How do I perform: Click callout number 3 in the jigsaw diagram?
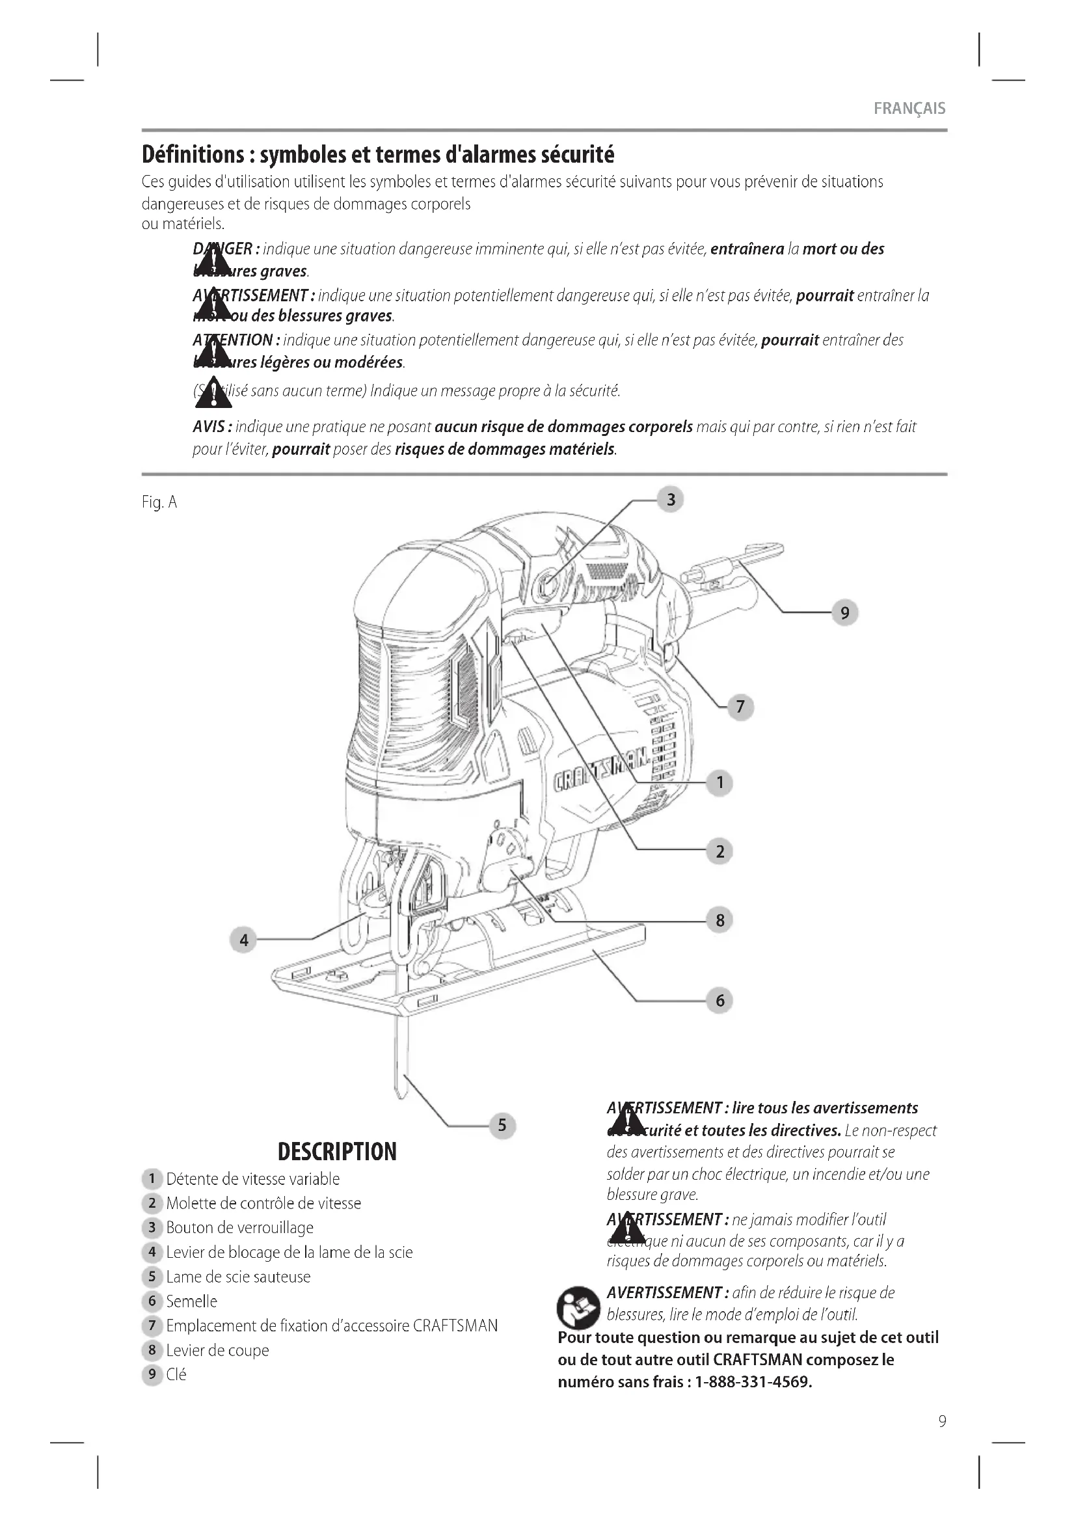tap(671, 499)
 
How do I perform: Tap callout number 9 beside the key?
tap(845, 612)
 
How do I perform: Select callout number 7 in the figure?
tap(741, 707)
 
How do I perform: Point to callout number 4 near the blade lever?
tap(244, 940)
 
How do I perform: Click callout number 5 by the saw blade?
tap(502, 1125)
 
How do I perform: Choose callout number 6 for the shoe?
tap(720, 1000)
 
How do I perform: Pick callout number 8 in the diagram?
tap(720, 920)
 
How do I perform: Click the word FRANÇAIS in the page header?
tap(909, 109)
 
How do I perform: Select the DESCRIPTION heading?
tap(337, 1152)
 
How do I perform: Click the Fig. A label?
tap(159, 502)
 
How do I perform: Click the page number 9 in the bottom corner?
tap(942, 1421)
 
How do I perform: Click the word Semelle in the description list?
tap(191, 1301)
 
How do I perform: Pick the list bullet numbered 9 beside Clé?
tap(152, 1375)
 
